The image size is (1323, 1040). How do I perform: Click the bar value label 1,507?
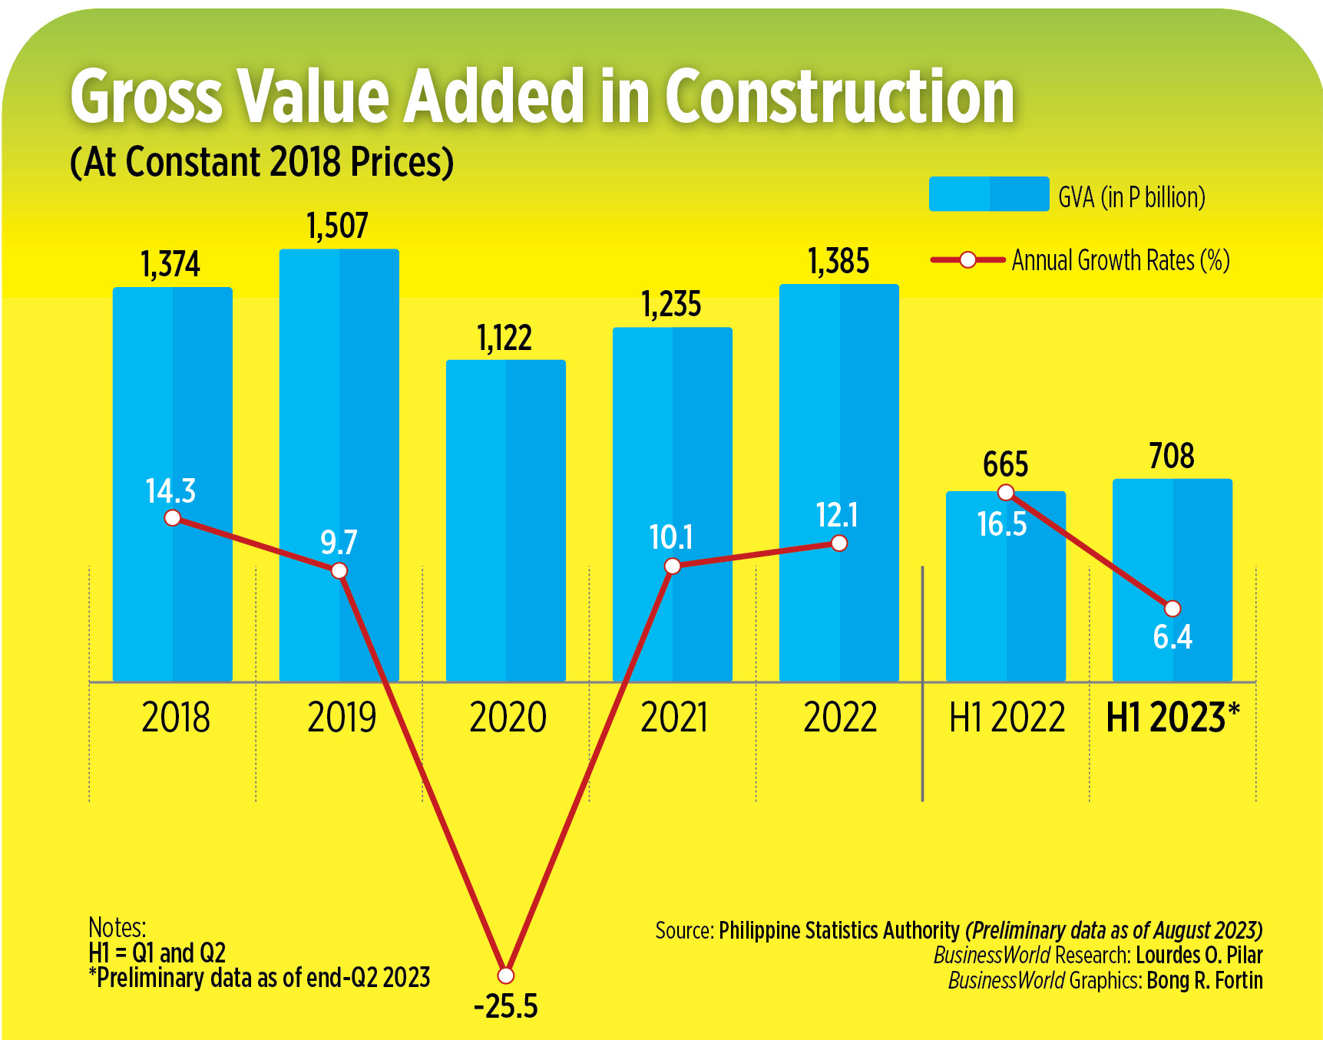pyautogui.click(x=337, y=226)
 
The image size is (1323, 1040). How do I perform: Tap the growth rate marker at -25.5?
pyautogui.click(x=505, y=975)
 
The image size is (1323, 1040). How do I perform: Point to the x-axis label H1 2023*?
pyautogui.click(x=1173, y=718)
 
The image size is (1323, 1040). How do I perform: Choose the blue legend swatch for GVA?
pyautogui.click(x=988, y=193)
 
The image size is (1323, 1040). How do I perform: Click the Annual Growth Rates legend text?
pyautogui.click(x=1120, y=260)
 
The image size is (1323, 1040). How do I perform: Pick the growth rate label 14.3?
pyautogui.click(x=170, y=491)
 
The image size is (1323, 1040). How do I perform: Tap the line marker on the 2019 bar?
pyautogui.click(x=339, y=570)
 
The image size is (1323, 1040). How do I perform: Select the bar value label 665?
pyautogui.click(x=1005, y=464)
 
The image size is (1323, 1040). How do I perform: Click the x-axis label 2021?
pyautogui.click(x=673, y=718)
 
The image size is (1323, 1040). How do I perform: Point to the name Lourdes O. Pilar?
pyautogui.click(x=1199, y=956)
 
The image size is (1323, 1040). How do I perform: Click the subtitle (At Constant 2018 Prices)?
pyautogui.click(x=262, y=162)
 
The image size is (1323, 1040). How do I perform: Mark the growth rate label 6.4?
pyautogui.click(x=1173, y=637)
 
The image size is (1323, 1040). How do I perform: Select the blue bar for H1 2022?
pyautogui.click(x=1005, y=599)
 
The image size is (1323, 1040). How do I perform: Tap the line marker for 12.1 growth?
pyautogui.click(x=839, y=543)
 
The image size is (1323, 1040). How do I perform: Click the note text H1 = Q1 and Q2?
pyautogui.click(x=157, y=953)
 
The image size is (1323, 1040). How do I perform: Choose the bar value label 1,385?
pyautogui.click(x=838, y=262)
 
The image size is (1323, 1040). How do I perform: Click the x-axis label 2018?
pyautogui.click(x=175, y=718)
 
